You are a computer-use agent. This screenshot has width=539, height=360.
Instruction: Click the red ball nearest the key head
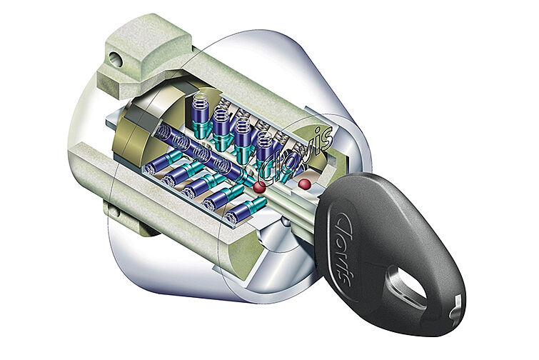[x=304, y=184]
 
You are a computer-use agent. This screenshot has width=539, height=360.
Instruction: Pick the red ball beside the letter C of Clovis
[x=259, y=187]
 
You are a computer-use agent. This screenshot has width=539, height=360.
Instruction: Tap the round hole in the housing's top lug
[x=117, y=61]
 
